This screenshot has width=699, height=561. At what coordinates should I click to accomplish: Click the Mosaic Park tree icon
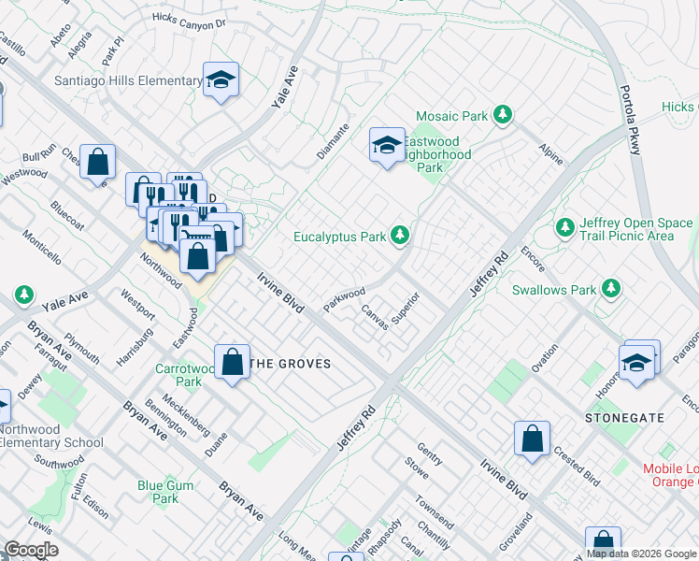coord(504,115)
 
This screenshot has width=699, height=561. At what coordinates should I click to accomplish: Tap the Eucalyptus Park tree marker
coord(400,236)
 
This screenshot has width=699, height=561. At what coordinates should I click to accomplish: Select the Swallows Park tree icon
coord(611,289)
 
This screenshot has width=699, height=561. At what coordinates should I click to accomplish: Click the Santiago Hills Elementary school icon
coord(221,79)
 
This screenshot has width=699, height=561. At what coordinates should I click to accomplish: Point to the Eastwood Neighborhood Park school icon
coord(387,145)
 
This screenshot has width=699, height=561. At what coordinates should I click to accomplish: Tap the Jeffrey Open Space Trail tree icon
coord(564,227)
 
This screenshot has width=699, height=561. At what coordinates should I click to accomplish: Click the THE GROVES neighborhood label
coord(292,364)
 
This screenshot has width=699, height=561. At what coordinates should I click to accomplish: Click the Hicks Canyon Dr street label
coord(189,21)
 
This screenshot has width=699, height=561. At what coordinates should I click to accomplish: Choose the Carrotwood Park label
coord(178,375)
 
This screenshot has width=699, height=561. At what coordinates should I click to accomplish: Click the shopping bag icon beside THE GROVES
coord(232,362)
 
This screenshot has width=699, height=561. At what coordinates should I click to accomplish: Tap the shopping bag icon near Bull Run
coord(97,163)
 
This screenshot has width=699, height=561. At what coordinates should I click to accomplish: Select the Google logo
coord(31,551)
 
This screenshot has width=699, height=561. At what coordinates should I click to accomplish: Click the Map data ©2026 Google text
coord(641,554)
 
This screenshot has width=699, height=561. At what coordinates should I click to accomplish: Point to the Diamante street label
coord(333,140)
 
